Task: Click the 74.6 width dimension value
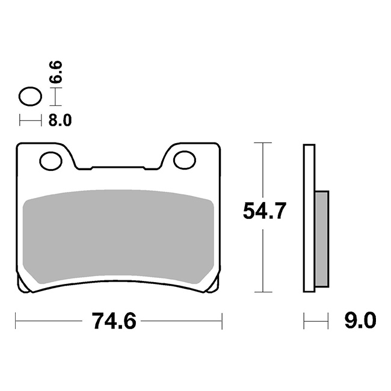(114, 321)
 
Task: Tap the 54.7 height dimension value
(264, 211)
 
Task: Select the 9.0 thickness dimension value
(360, 321)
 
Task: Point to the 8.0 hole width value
(60, 120)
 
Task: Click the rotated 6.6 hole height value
(55, 72)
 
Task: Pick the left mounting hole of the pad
(51, 161)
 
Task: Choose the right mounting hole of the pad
(185, 160)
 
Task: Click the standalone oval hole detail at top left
(31, 96)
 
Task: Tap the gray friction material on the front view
(118, 237)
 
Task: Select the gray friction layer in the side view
(322, 239)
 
